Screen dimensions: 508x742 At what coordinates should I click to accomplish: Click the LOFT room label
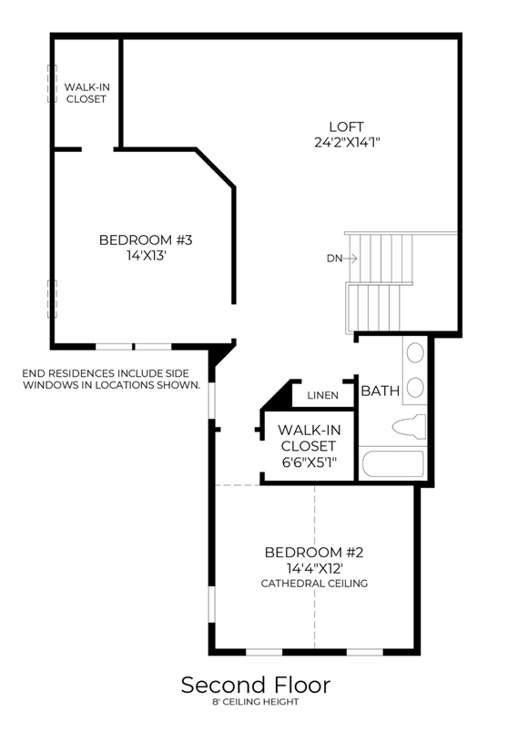click(346, 127)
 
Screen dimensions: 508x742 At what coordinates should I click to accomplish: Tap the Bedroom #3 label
click(146, 240)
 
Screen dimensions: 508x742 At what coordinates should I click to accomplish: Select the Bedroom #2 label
click(314, 553)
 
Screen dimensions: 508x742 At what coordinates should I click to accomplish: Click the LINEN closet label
click(322, 395)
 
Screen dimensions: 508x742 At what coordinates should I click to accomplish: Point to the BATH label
click(381, 391)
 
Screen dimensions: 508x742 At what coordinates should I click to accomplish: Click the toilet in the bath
click(409, 426)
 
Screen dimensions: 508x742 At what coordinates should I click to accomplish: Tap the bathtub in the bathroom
click(392, 464)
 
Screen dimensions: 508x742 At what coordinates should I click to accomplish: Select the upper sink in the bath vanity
click(415, 353)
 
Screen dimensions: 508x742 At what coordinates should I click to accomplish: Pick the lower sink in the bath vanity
click(415, 388)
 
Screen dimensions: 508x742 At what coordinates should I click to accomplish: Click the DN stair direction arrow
click(350, 259)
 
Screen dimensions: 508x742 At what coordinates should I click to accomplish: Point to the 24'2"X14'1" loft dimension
click(347, 142)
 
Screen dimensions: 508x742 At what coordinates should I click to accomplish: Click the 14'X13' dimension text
click(147, 256)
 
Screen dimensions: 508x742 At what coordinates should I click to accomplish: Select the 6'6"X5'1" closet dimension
click(309, 462)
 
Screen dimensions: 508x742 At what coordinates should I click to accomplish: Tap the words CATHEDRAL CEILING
click(315, 584)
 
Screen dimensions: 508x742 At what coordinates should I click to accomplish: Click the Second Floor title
click(256, 685)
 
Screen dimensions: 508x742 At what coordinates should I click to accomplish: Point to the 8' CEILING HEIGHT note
click(256, 702)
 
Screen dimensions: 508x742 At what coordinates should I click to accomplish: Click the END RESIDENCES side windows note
click(112, 379)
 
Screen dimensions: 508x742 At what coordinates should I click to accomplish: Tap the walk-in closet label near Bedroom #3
click(87, 93)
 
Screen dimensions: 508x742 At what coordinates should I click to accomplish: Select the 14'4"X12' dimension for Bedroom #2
click(315, 568)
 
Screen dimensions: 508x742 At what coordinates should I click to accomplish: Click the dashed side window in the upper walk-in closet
click(52, 84)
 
